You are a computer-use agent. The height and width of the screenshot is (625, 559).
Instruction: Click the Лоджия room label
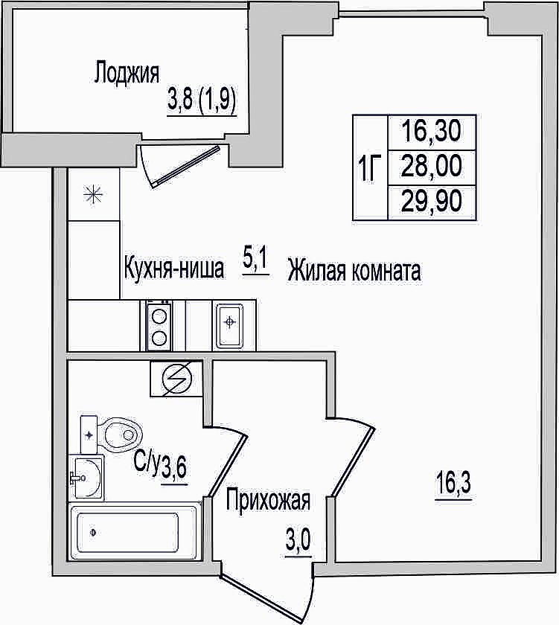tap(127, 74)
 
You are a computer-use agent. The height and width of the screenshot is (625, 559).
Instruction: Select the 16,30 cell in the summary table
tap(432, 132)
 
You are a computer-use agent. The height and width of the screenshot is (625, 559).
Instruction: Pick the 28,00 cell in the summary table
tap(432, 167)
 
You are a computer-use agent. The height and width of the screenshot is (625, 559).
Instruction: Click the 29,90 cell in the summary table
tap(432, 202)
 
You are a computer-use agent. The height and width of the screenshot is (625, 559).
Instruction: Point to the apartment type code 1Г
tap(371, 168)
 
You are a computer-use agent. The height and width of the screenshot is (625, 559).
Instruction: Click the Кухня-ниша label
tap(174, 268)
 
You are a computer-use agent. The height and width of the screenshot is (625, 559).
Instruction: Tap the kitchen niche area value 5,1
tap(255, 260)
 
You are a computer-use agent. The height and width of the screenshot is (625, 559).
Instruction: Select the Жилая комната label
tap(354, 271)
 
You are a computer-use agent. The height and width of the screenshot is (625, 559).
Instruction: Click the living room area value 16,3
tap(453, 483)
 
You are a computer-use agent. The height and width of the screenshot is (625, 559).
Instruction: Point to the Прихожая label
tap(268, 500)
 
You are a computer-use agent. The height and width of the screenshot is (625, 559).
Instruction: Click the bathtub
tap(133, 532)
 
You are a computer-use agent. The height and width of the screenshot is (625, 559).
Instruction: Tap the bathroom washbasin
tap(86, 477)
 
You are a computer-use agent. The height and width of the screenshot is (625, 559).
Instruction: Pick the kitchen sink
tap(230, 325)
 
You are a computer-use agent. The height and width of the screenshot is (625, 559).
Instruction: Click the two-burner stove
tap(159, 325)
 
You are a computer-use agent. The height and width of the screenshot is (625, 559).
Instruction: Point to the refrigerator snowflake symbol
tap(93, 195)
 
